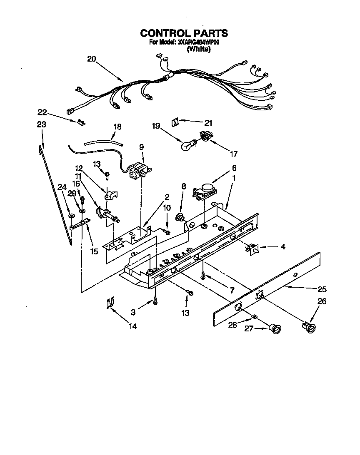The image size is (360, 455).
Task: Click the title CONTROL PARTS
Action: click(x=184, y=33)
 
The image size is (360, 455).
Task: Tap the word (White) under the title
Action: click(x=199, y=49)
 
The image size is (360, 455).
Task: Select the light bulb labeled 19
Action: click(x=187, y=144)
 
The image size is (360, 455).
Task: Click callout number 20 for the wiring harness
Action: click(x=92, y=59)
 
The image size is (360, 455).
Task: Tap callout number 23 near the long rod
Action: click(x=41, y=124)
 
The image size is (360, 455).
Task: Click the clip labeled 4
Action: click(x=252, y=249)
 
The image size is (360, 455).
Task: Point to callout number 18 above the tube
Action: click(x=117, y=127)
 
